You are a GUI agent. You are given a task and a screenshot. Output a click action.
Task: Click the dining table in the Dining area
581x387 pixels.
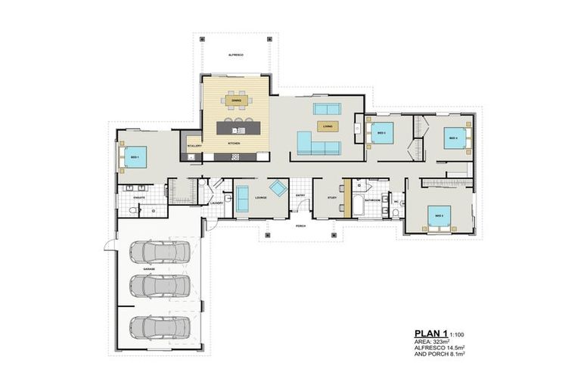[x=236, y=100]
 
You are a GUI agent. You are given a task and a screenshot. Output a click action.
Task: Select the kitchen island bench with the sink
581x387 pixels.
[x=236, y=127]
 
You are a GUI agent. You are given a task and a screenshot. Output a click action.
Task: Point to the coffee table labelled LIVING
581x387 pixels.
[x=327, y=126]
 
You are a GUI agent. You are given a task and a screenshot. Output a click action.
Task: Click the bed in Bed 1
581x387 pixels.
[x=133, y=156]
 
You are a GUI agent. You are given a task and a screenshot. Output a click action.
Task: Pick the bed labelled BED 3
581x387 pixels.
[x=381, y=133]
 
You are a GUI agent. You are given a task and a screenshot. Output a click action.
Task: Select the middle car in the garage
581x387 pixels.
[x=160, y=286]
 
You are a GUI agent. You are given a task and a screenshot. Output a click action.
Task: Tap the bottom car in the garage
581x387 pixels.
[x=160, y=327]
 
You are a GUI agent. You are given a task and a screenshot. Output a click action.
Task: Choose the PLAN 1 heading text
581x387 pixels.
[x=430, y=333]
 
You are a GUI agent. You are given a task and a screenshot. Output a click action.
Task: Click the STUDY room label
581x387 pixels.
[x=331, y=197]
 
